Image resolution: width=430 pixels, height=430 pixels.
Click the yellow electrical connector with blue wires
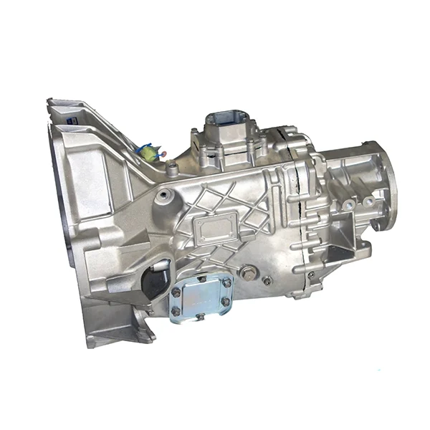147,152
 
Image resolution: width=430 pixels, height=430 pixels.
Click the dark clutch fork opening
155,279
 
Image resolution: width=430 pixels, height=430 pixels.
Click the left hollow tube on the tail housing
348,204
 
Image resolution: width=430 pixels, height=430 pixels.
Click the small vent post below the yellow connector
172,170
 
